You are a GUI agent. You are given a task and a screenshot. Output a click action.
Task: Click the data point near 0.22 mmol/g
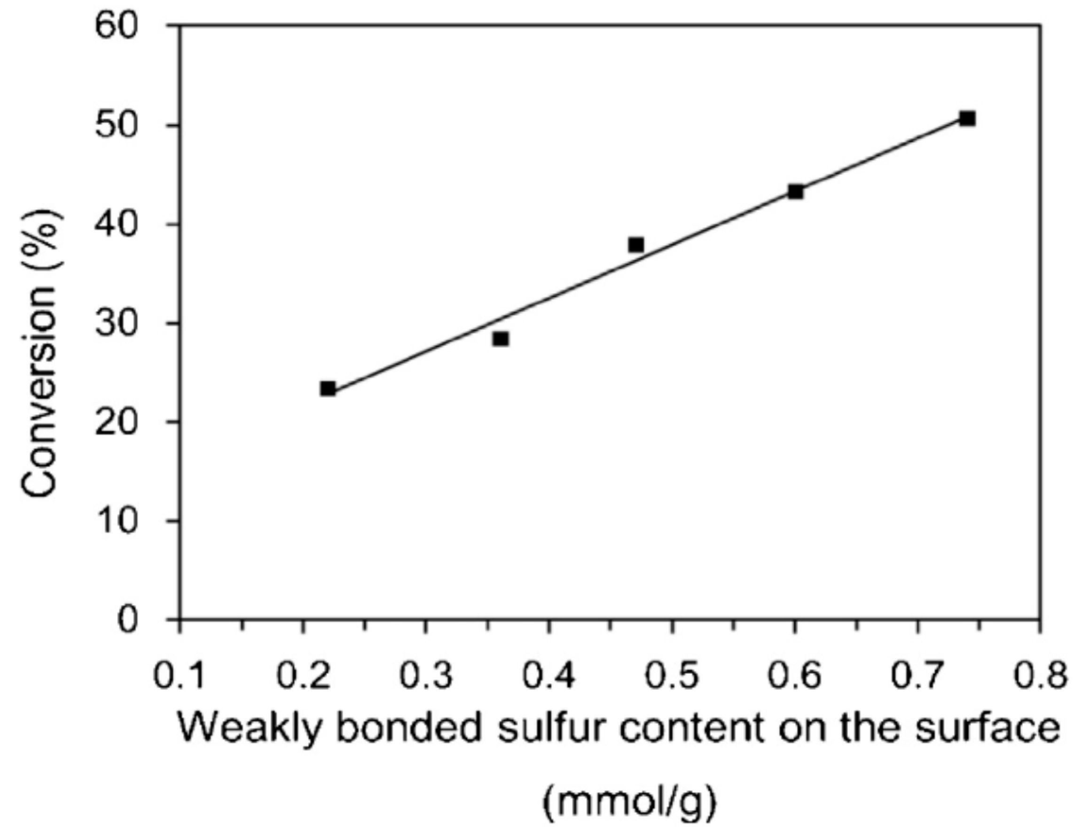(328, 389)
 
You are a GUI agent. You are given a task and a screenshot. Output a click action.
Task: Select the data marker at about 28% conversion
(501, 339)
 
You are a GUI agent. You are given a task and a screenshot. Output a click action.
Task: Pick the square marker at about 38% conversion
(636, 245)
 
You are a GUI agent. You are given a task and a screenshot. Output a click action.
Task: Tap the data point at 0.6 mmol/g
(796, 192)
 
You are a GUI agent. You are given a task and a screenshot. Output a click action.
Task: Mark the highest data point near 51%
(967, 119)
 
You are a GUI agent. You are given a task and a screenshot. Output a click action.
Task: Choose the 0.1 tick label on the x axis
(180, 676)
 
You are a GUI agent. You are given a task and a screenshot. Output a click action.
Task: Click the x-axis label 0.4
(549, 676)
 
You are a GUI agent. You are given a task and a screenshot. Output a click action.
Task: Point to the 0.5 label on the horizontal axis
(672, 676)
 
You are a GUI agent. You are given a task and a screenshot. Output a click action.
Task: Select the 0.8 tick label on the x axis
(1040, 676)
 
